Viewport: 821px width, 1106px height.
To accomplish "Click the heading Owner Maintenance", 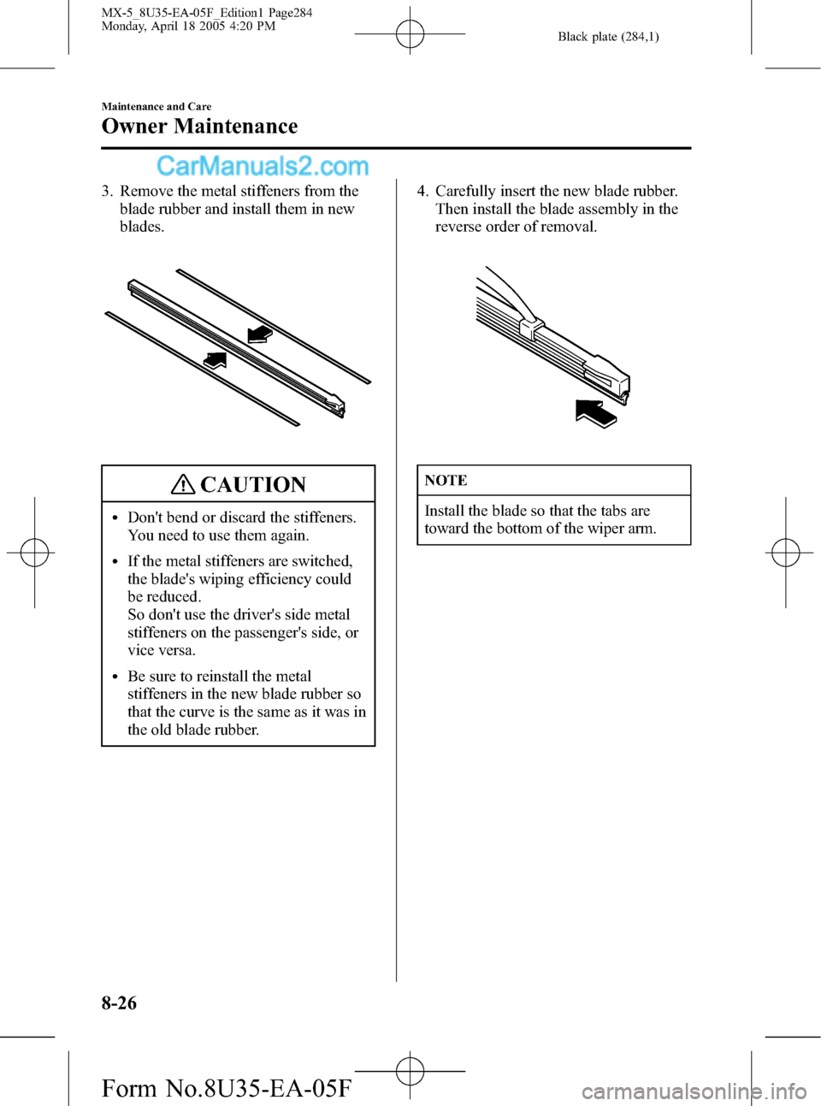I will tap(199, 127).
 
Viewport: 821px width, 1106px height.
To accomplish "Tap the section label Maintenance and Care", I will tap(157, 107).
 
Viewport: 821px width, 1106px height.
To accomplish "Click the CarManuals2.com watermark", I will tap(263, 166).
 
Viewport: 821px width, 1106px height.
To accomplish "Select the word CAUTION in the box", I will tap(253, 485).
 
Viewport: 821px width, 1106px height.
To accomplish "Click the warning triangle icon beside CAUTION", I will tap(182, 485).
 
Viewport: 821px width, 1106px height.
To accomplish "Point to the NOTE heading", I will tap(446, 481).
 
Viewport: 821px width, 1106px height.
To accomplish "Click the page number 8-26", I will tap(119, 1002).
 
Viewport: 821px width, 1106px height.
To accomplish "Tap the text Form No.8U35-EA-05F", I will tap(226, 1088).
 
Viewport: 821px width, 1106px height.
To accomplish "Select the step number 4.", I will tap(422, 192).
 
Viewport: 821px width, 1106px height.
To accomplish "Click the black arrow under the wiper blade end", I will tap(595, 412).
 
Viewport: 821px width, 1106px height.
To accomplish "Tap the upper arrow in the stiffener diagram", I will tap(259, 334).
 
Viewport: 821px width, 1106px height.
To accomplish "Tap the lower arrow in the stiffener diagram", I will tap(215, 359).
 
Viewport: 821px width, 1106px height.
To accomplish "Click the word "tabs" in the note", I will tap(613, 511).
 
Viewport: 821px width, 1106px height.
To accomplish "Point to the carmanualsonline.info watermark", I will tap(694, 1091).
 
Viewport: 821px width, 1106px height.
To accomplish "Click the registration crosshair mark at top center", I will tap(410, 34).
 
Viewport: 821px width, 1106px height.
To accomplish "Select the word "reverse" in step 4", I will tap(460, 227).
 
